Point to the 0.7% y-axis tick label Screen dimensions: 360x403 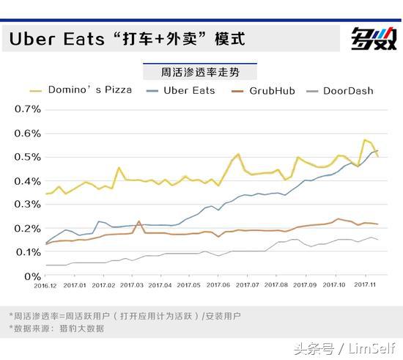(x=26, y=109)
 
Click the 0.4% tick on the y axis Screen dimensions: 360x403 (x=26, y=181)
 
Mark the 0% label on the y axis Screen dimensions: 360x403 (x=32, y=276)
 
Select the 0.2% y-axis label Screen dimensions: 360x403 (x=26, y=229)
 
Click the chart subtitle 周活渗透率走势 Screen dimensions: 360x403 (x=199, y=73)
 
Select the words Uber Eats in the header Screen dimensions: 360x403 (x=57, y=39)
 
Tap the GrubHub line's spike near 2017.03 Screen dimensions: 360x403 (x=139, y=221)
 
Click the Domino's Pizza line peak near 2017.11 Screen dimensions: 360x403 (x=365, y=140)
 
